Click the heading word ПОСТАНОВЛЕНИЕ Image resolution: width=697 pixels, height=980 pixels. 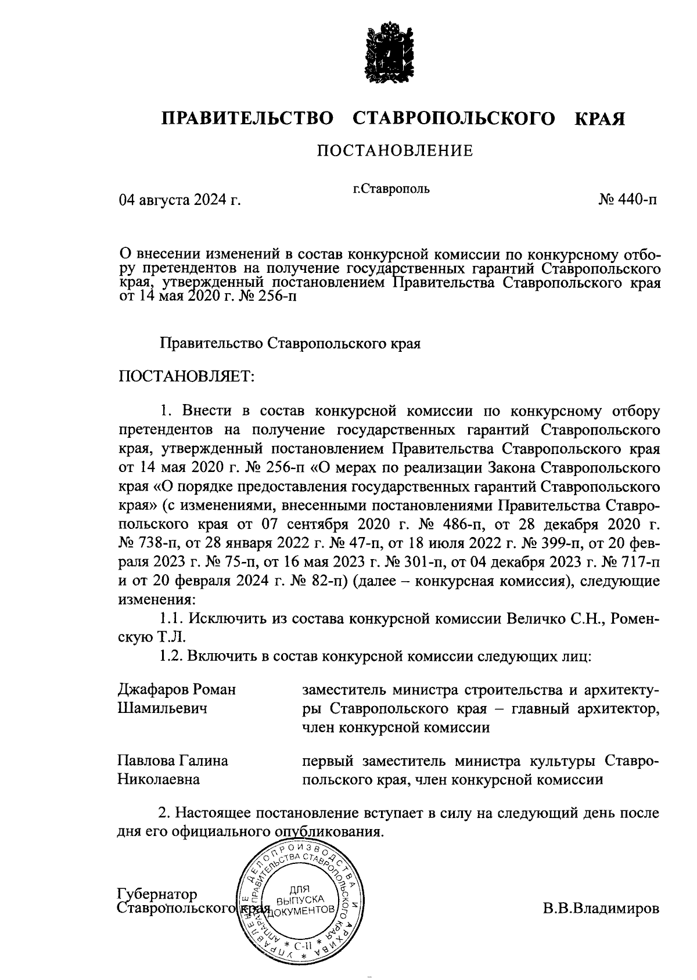coord(394,152)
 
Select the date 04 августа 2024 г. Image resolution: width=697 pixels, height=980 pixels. coord(179,201)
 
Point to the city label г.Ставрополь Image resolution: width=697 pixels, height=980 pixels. coord(391,189)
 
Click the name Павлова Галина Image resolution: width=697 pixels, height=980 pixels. coord(173,760)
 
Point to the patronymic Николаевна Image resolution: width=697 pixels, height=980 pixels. coord(159,779)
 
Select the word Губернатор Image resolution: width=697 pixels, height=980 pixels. coord(157,893)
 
